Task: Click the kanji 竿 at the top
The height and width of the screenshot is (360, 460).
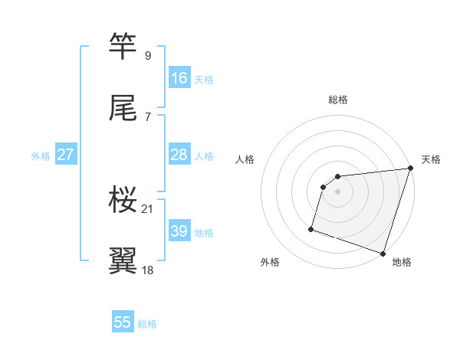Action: click(x=123, y=46)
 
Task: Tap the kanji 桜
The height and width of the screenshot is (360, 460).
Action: click(x=123, y=200)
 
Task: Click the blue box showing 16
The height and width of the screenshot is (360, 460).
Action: click(x=179, y=78)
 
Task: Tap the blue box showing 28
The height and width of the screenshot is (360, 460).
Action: click(x=179, y=155)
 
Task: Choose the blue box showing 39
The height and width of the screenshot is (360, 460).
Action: click(x=179, y=231)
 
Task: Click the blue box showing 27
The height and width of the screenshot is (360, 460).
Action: click(x=66, y=155)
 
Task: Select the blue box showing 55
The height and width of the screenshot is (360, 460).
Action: click(x=123, y=322)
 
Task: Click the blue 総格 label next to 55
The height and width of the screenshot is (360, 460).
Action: click(x=148, y=324)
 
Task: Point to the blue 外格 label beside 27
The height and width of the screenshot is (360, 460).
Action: click(x=41, y=156)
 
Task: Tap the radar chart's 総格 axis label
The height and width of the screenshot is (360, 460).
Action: click(x=338, y=100)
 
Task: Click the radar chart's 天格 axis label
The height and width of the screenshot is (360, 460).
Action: click(x=432, y=159)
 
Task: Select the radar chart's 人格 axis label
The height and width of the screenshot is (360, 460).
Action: click(x=245, y=159)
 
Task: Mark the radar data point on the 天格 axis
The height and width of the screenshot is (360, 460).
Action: click(x=411, y=169)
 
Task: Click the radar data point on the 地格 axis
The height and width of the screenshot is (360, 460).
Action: click(x=383, y=253)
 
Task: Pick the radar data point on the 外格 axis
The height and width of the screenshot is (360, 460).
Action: click(x=312, y=228)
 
